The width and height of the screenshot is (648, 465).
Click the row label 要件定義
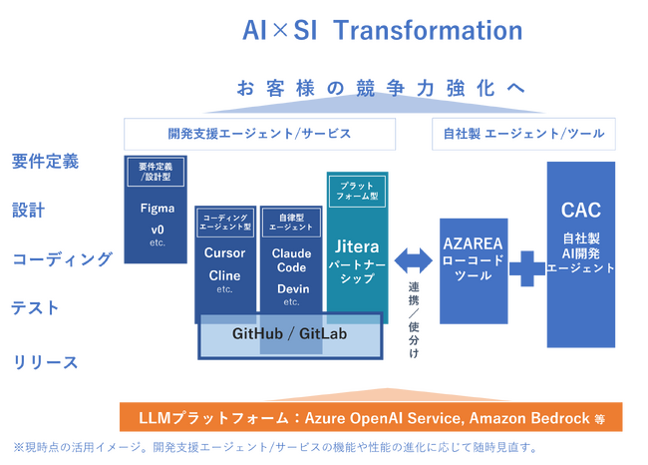pos(45,161)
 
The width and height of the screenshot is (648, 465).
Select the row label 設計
pos(28,211)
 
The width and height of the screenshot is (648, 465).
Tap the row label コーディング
pos(62,259)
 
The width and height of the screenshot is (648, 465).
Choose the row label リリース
pos(45,361)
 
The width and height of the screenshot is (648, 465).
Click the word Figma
pos(158,209)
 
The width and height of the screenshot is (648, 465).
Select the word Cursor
pos(224,252)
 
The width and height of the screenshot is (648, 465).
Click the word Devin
pos(292,288)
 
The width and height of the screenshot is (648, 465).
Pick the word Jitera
pos(357,244)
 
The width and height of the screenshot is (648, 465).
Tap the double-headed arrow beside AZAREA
pos(413,260)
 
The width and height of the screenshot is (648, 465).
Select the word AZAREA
pos(474,243)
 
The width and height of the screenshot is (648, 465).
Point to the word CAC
pos(580,211)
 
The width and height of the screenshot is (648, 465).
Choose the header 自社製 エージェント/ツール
pos(523,134)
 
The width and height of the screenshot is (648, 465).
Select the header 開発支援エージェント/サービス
pos(259,134)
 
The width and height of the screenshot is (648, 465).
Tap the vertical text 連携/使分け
pos(414,319)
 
